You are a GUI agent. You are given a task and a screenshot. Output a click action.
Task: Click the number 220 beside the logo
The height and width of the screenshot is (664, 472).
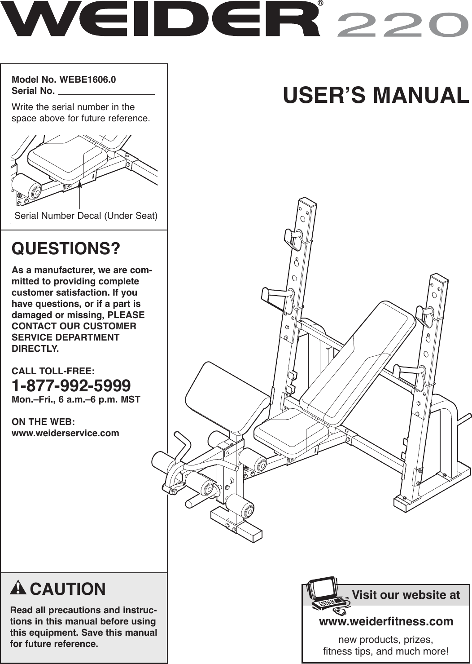point(400,25)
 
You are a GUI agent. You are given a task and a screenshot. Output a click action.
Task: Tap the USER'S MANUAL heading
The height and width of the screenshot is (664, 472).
point(376,95)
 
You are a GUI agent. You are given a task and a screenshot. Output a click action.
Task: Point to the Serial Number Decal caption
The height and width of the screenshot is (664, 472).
point(86,216)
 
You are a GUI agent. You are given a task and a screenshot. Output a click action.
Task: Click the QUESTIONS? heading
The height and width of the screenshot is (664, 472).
point(66,248)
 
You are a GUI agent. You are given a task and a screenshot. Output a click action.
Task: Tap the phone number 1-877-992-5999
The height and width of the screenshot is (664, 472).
point(71,385)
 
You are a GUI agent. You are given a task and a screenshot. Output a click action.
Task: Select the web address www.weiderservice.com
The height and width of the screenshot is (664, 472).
point(66,433)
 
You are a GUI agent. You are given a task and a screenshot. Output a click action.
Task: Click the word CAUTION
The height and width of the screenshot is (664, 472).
point(68,589)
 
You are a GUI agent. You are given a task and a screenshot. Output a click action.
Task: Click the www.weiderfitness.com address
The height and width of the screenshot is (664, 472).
point(386,621)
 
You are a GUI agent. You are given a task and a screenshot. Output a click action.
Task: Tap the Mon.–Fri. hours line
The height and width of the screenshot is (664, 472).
point(76,399)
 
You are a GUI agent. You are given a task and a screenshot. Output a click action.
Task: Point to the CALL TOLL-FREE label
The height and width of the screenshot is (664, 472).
point(53,371)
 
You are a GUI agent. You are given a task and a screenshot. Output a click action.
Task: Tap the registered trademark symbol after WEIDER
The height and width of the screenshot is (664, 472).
point(320,4)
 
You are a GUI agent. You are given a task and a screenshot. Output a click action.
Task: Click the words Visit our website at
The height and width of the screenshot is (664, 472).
point(406,595)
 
